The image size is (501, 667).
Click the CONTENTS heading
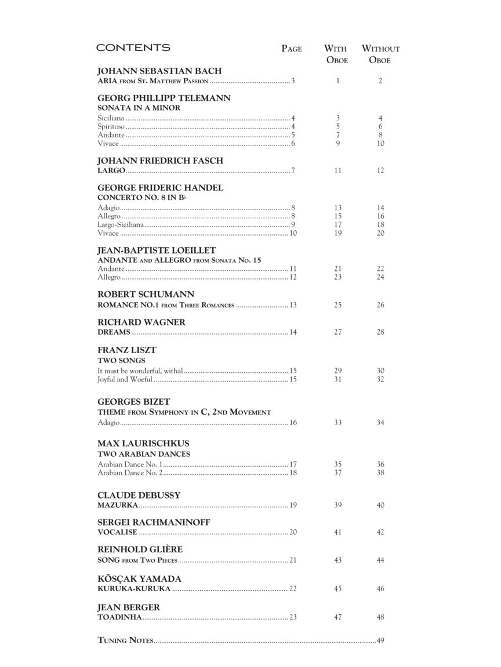coord(133,47)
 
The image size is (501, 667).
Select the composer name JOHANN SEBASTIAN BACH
coord(159,71)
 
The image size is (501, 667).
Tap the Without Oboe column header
coord(380,54)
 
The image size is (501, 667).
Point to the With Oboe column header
coord(336,54)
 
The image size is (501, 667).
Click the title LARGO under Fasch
coord(111,171)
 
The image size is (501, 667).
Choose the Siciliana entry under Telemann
coord(111,118)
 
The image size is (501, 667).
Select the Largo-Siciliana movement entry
coord(120,225)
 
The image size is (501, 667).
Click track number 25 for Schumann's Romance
coord(338,305)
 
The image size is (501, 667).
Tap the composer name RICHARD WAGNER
coord(141,322)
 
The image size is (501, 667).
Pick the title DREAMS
coord(114,332)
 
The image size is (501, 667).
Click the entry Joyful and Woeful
coord(125,380)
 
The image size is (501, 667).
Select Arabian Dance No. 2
coord(130,473)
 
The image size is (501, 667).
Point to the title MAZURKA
coord(118,505)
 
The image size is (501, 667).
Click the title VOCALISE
coord(117,533)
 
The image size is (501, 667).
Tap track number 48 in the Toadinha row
coord(380,618)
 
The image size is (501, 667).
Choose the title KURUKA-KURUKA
coord(134,589)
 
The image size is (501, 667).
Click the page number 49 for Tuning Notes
coord(380,640)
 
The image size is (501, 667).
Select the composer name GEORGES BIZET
coord(134,402)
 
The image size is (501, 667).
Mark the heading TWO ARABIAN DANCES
coord(144,454)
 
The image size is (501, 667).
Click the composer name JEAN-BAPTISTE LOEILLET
coord(157,250)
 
